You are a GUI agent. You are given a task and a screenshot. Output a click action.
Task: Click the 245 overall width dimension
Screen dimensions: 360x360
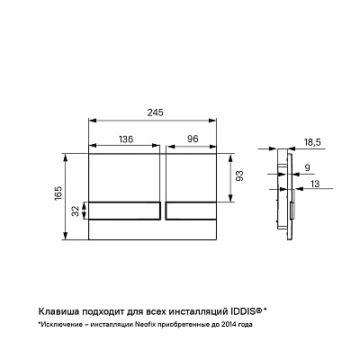point(155,112)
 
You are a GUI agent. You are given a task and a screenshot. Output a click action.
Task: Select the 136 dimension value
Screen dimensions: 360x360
point(126,139)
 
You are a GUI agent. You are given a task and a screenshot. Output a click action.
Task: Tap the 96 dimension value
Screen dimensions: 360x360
point(193,139)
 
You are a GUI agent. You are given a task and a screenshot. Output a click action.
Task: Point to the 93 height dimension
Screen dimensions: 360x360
point(239,175)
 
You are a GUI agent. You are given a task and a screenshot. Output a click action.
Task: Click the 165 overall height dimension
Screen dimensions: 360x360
point(58,193)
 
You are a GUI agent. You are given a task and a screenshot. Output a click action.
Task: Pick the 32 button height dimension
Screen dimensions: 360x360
point(76,211)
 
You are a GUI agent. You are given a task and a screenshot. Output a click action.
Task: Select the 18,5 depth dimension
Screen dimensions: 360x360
point(311,142)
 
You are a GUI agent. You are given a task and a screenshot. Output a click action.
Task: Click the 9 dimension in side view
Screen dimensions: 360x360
point(307,167)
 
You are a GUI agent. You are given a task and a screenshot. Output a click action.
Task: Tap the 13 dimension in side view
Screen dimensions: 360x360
point(315,184)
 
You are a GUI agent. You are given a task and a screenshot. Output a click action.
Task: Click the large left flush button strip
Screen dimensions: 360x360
point(124,211)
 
